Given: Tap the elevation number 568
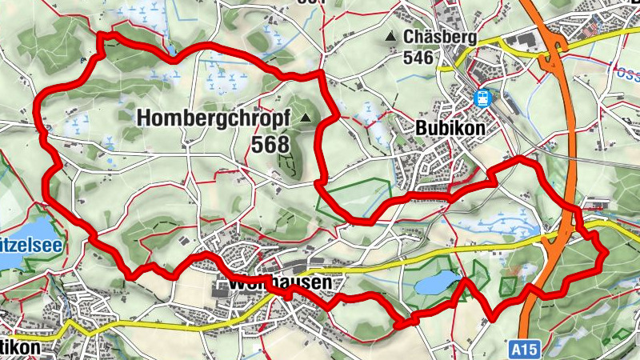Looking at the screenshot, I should (270, 144).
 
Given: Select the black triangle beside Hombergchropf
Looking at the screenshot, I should (306, 118).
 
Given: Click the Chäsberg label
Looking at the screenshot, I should (440, 38).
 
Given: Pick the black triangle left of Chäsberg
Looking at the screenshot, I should (390, 38).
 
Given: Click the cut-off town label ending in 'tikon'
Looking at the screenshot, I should (19, 350).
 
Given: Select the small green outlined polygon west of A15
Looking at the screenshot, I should (509, 284).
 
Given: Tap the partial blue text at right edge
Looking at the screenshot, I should (626, 70).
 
